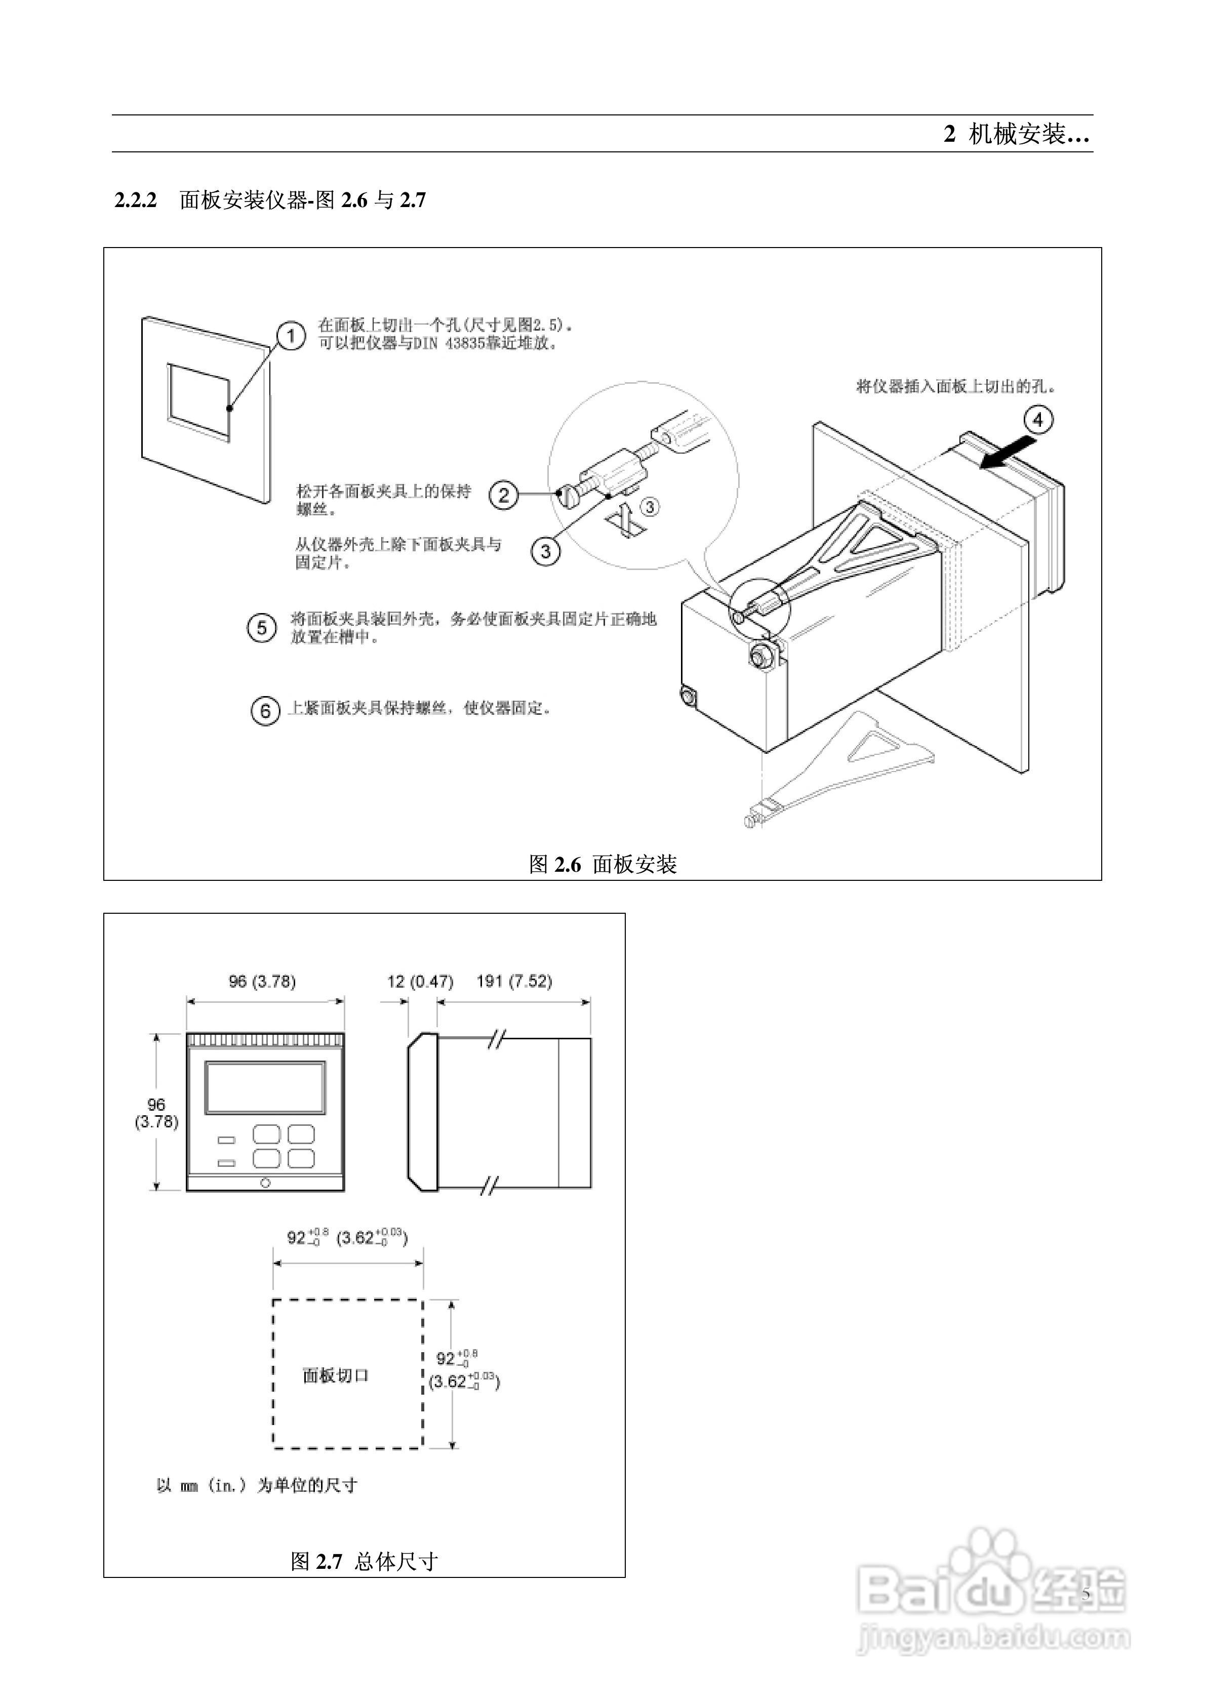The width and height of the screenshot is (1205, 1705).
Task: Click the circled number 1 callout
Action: [291, 337]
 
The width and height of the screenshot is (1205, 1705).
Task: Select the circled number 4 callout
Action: [1038, 420]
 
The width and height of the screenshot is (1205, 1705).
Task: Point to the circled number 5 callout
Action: [261, 628]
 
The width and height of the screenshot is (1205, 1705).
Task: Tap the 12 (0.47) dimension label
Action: [419, 982]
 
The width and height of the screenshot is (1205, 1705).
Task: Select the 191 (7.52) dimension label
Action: [514, 982]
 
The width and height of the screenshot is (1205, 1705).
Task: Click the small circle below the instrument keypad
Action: [265, 1182]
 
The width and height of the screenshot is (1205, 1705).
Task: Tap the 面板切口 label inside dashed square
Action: [336, 1375]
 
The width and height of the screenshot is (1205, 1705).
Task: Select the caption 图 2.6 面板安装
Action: [602, 864]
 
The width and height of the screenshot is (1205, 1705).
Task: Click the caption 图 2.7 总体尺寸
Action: [364, 1562]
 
